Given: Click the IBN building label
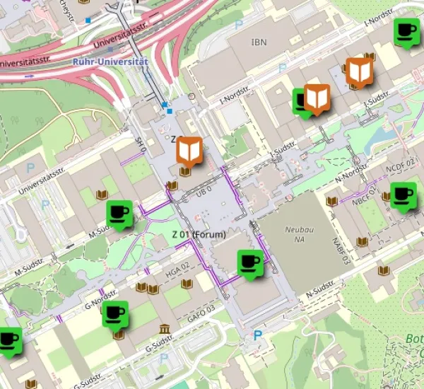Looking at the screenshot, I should click(259, 42).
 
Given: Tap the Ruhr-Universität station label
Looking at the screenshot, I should click(111, 62).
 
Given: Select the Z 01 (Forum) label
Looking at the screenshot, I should click(199, 234).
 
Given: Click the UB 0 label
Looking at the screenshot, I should click(204, 193).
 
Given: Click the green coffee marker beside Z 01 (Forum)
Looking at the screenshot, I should click(250, 262).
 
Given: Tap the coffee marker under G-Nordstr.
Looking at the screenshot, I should click(115, 314).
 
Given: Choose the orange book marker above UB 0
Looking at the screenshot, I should click(189, 150).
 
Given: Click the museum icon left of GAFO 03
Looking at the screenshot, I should click(165, 329).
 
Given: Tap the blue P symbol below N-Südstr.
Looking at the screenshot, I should click(258, 336).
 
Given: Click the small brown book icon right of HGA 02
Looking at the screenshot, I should click(187, 284).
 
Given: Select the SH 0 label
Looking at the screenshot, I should click(141, 145).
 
